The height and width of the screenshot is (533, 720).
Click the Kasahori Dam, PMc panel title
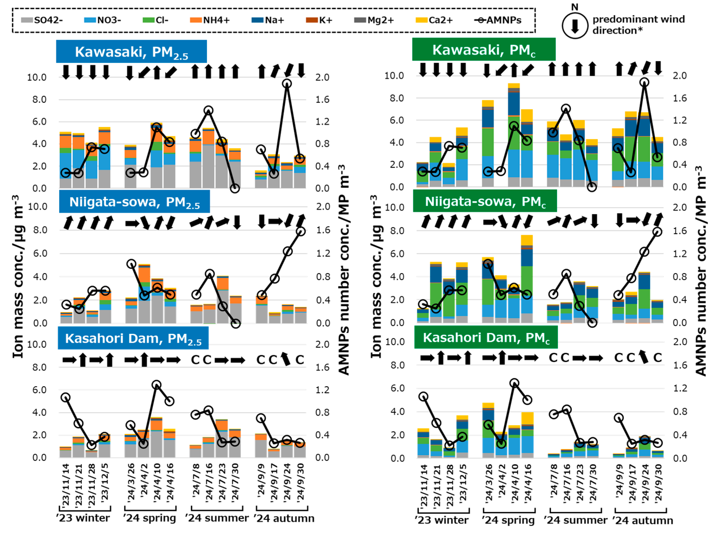(486, 338)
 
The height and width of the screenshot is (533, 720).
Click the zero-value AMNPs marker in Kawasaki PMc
(591, 187)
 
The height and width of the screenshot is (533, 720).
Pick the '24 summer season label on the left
(217, 518)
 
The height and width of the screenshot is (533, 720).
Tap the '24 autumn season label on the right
(642, 520)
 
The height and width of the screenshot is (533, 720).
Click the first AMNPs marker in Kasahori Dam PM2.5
(66, 398)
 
